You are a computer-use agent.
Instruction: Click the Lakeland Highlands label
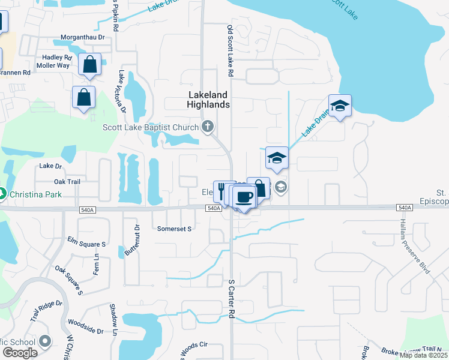coord(208,100)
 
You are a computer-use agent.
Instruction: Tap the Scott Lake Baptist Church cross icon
coord(208,126)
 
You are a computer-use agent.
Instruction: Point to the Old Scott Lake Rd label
coord(229,51)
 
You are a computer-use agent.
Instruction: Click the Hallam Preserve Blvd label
coord(414,247)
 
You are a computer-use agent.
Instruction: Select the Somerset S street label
coord(173,229)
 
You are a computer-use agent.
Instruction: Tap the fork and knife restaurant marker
coord(221,190)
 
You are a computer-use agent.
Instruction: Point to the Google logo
coord(20,353)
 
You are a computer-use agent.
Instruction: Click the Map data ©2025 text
coord(424,355)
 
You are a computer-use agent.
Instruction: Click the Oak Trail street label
coord(67,182)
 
